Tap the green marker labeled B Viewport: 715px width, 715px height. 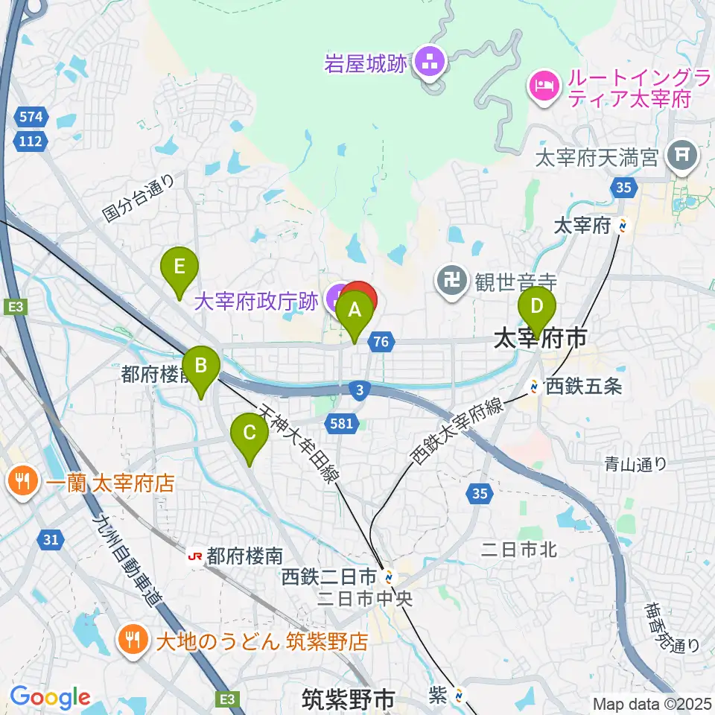[200, 366]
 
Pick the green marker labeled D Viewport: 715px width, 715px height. [536, 307]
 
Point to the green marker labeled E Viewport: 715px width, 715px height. [179, 267]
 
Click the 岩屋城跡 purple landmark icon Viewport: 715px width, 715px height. [428, 63]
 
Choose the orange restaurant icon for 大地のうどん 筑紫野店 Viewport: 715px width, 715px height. [133, 640]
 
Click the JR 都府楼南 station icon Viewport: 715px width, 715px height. [196, 555]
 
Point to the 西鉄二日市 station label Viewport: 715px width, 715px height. [331, 576]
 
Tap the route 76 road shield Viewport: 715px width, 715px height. [381, 342]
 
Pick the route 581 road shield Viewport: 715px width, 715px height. [338, 423]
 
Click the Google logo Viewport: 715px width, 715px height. [49, 698]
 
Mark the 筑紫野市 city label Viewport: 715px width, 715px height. [348, 699]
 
